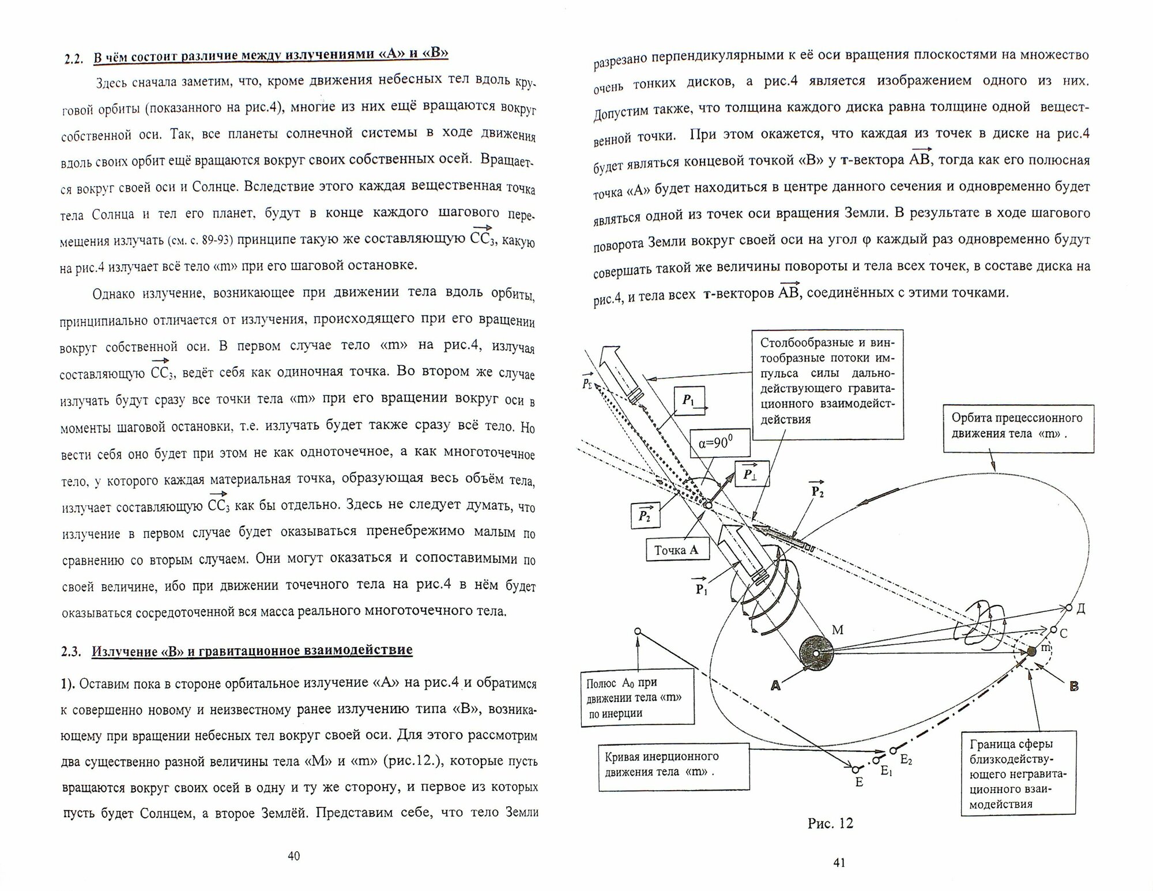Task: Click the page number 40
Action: [293, 856]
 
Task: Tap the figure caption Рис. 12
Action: [830, 823]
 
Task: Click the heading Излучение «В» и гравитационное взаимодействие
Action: [252, 651]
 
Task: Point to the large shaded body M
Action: [817, 652]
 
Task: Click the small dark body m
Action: [1031, 651]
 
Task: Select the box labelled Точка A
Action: [676, 550]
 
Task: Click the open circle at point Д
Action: [1068, 608]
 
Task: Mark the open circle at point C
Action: [1053, 630]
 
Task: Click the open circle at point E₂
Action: [892, 750]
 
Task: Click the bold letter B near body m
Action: [1073, 686]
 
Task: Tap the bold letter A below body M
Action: [775, 685]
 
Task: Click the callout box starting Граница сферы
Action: [1018, 773]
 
